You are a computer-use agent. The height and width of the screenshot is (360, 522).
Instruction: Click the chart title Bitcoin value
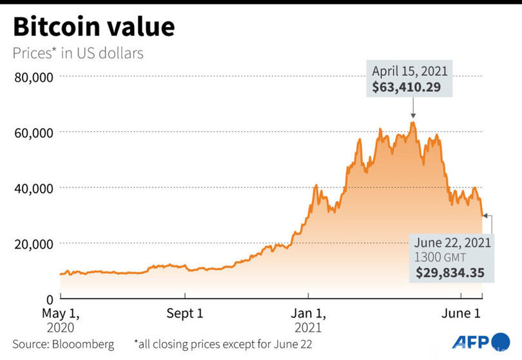tap(93, 27)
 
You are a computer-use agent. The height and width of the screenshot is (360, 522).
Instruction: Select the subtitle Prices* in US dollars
tap(78, 53)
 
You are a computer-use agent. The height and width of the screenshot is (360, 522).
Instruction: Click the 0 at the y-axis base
tap(48, 299)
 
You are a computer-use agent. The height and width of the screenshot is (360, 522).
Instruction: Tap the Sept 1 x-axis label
tap(185, 314)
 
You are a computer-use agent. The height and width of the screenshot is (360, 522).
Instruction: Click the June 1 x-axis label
tap(461, 314)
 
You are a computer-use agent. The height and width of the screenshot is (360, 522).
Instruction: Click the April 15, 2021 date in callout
tap(409, 71)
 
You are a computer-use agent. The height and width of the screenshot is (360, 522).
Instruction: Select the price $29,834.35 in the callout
tap(450, 272)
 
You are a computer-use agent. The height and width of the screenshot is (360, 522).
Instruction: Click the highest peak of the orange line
tap(413, 122)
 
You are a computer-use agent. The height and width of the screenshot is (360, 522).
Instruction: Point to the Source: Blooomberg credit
tap(63, 344)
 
